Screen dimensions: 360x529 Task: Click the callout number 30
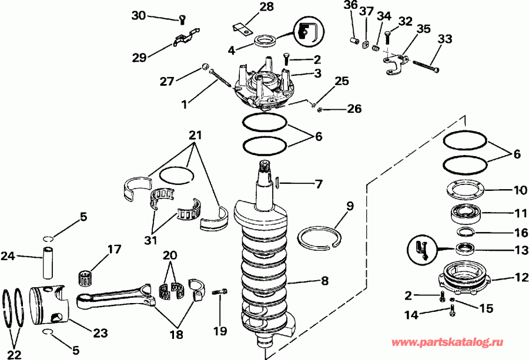[x=138, y=15]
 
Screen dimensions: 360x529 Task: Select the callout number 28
[x=250, y=7]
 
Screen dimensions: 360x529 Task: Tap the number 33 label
[x=445, y=39]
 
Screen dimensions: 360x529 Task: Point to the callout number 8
[x=324, y=281]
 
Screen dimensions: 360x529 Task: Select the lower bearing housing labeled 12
[x=464, y=277]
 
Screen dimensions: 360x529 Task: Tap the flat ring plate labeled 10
[x=464, y=191]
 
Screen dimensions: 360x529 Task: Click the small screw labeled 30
[x=182, y=21]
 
